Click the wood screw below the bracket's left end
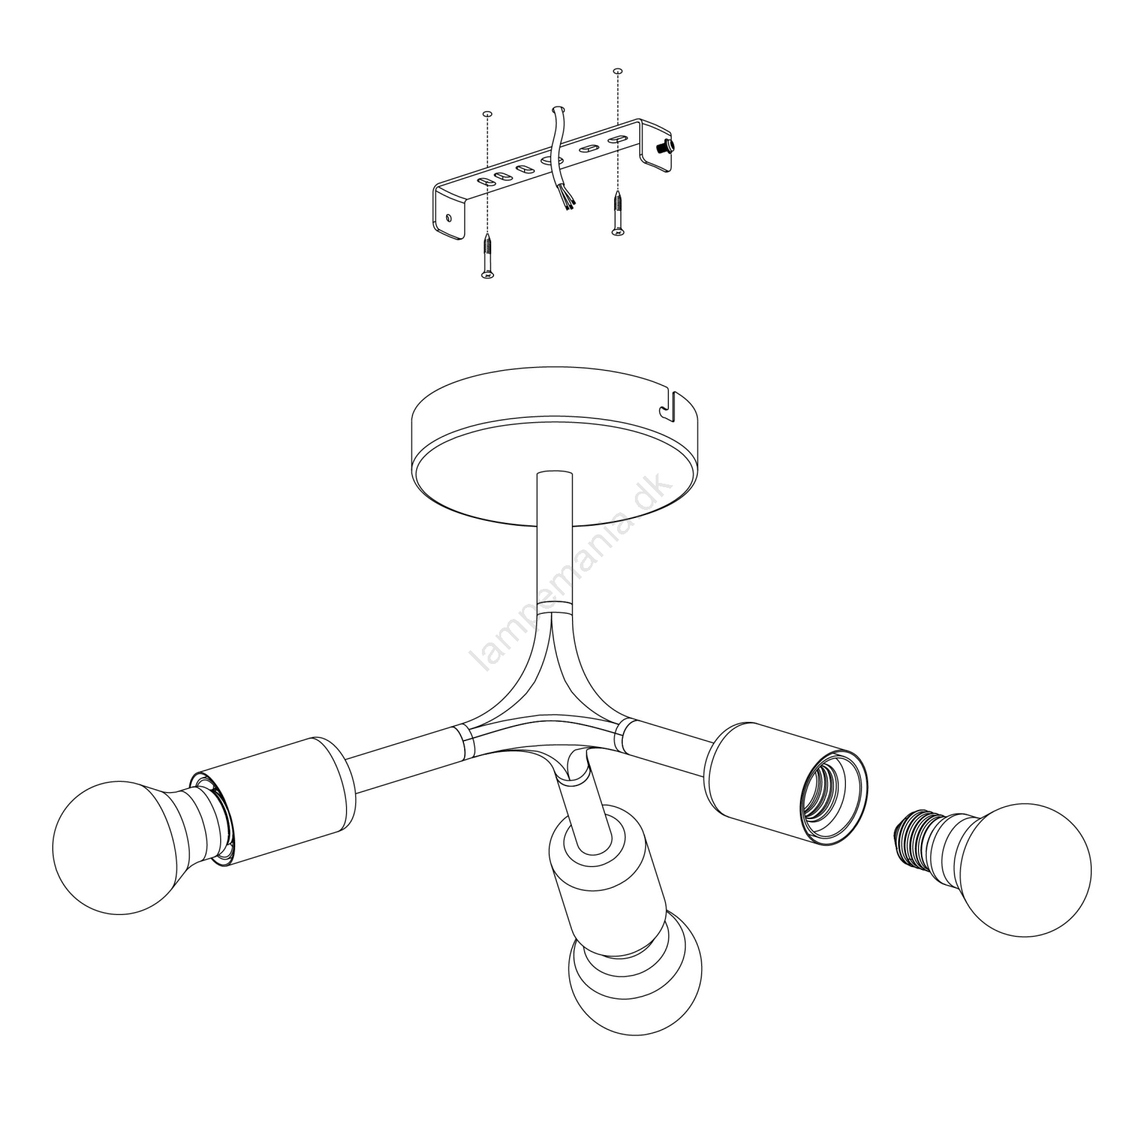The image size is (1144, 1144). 487,255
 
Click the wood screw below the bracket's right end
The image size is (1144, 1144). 617,212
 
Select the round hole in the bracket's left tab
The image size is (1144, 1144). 448,217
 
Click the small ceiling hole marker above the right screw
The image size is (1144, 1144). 618,72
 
